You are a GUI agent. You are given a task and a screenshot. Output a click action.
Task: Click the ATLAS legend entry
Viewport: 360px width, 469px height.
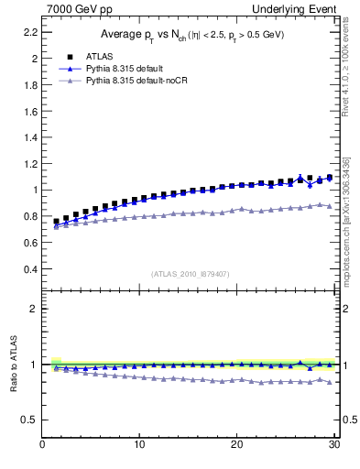click(x=103, y=56)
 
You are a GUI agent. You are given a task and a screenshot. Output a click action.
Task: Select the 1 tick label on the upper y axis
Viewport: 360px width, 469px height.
click(x=35, y=191)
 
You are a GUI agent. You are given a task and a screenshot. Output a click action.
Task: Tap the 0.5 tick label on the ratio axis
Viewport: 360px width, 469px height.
click(x=30, y=420)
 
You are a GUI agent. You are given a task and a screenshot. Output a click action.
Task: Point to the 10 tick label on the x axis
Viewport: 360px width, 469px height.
click(x=139, y=446)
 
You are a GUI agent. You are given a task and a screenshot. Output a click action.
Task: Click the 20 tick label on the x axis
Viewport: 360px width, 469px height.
click(x=237, y=446)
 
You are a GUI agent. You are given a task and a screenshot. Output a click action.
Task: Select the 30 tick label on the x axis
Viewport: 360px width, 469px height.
click(x=334, y=446)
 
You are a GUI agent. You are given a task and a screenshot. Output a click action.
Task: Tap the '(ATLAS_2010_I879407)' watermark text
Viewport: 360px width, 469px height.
click(x=191, y=273)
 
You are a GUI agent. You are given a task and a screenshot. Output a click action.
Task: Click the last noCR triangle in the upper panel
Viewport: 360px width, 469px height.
click(x=330, y=205)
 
